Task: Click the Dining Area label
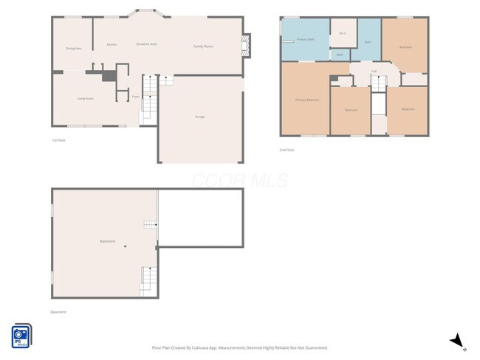pyautogui.click(x=73, y=48)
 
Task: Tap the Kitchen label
pyautogui.click(x=112, y=45)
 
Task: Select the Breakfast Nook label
pyautogui.click(x=146, y=45)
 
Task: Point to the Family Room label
pyautogui.click(x=203, y=46)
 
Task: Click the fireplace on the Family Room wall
pyautogui.click(x=247, y=46)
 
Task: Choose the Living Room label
pyautogui.click(x=85, y=98)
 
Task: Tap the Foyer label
pyautogui.click(x=135, y=97)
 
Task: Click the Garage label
pyautogui.click(x=199, y=117)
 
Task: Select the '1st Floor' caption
pyautogui.click(x=58, y=140)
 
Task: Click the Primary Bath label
pyautogui.click(x=305, y=39)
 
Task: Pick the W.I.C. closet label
pyautogui.click(x=343, y=33)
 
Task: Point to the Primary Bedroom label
pyautogui.click(x=306, y=100)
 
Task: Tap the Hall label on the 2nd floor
pyautogui.click(x=374, y=72)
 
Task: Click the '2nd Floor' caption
pyautogui.click(x=287, y=150)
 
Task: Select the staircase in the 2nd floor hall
pyautogui.click(x=378, y=83)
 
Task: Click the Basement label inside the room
pyautogui.click(x=107, y=241)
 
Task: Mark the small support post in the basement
pyautogui.click(x=126, y=246)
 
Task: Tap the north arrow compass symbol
pyautogui.click(x=458, y=340)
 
